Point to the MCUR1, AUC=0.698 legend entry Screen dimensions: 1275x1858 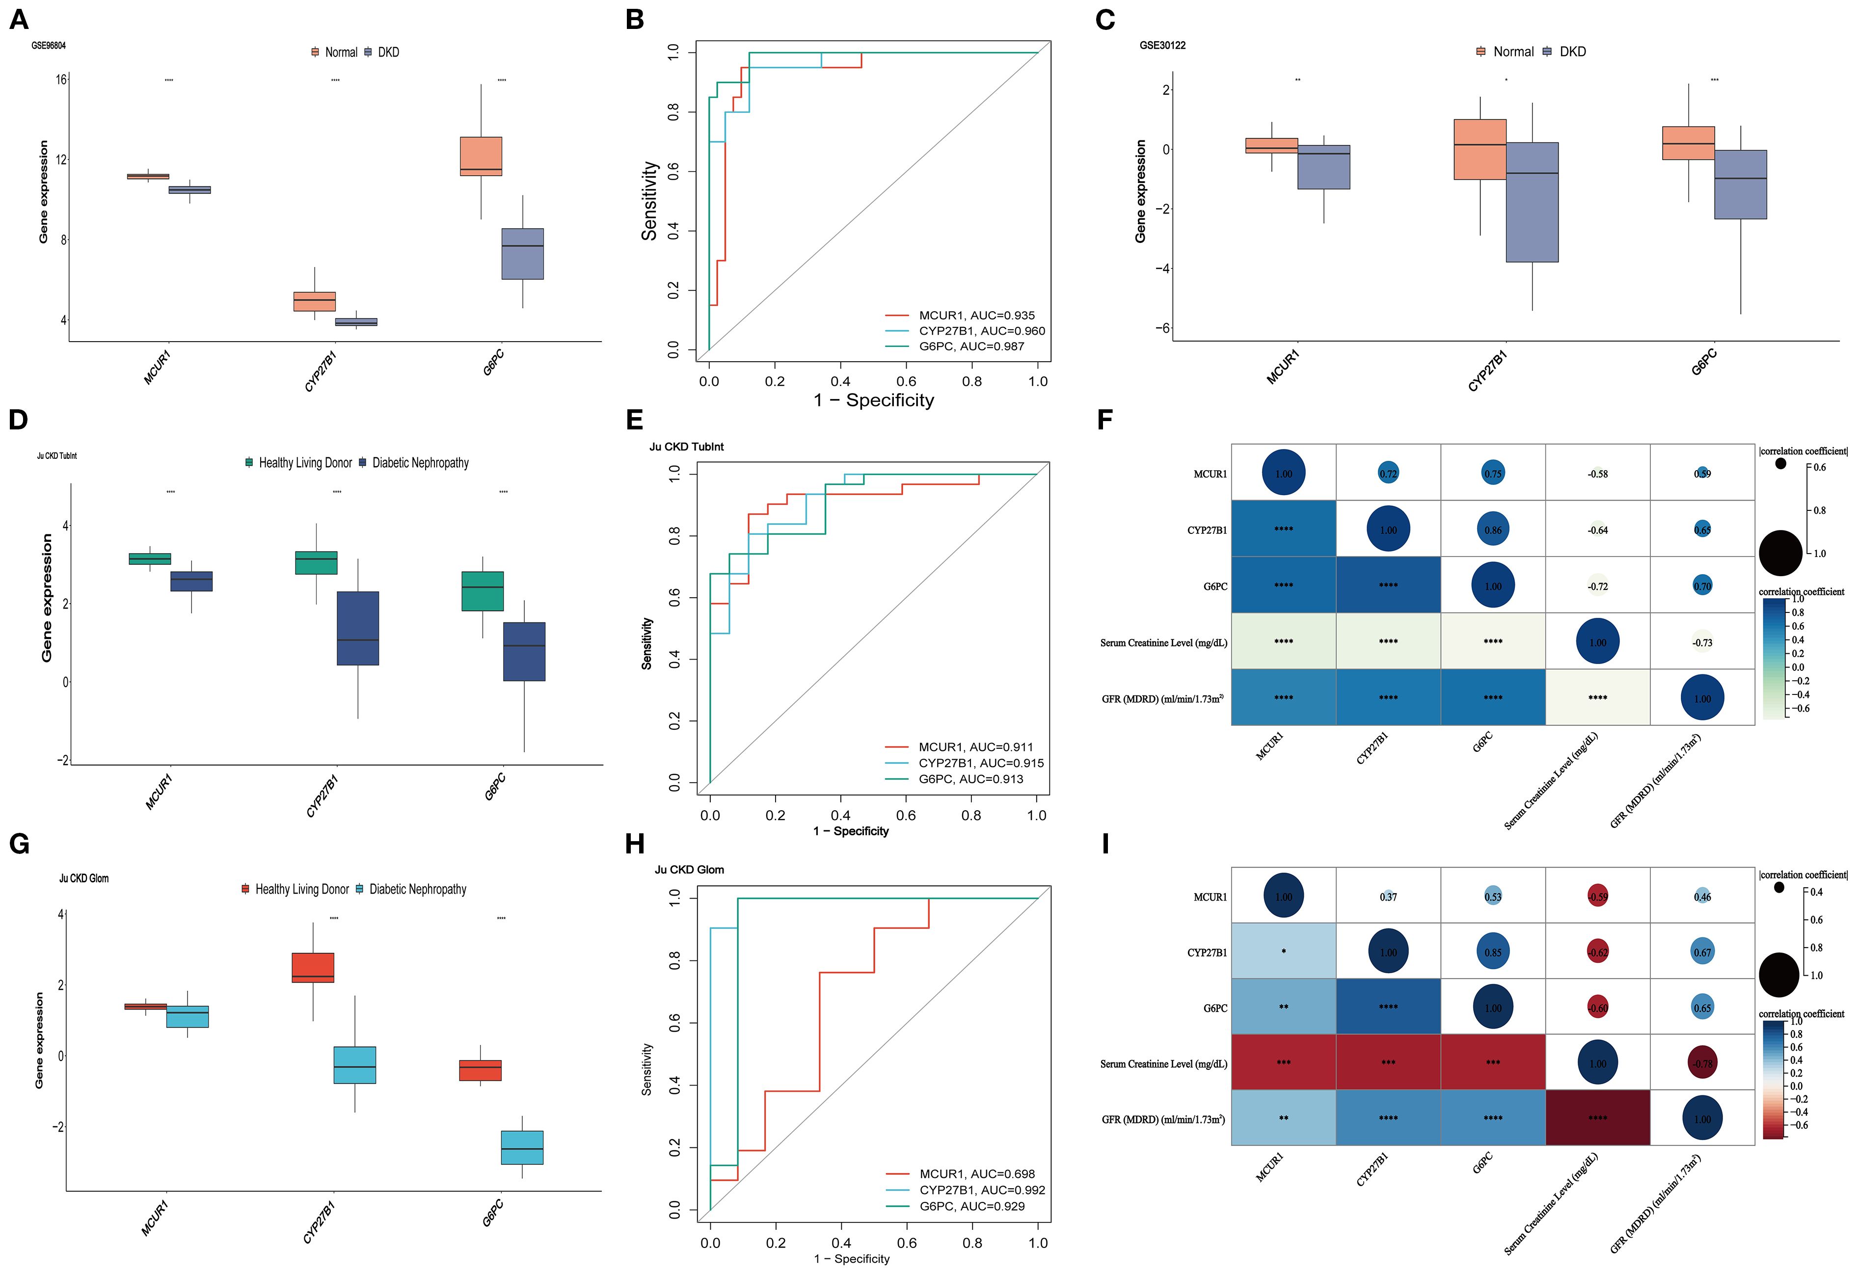click(x=976, y=1173)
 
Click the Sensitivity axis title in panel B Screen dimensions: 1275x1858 click(x=649, y=201)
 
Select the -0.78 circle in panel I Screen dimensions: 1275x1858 click(x=1702, y=1063)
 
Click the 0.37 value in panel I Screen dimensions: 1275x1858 click(x=1388, y=897)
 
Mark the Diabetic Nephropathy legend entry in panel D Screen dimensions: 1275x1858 click(x=420, y=463)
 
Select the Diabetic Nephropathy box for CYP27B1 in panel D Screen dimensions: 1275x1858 click(x=357, y=628)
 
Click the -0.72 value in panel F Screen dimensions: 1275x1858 click(x=1597, y=586)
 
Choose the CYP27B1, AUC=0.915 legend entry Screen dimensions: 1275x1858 click(x=980, y=763)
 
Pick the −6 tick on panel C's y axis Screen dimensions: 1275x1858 click(x=1161, y=328)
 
